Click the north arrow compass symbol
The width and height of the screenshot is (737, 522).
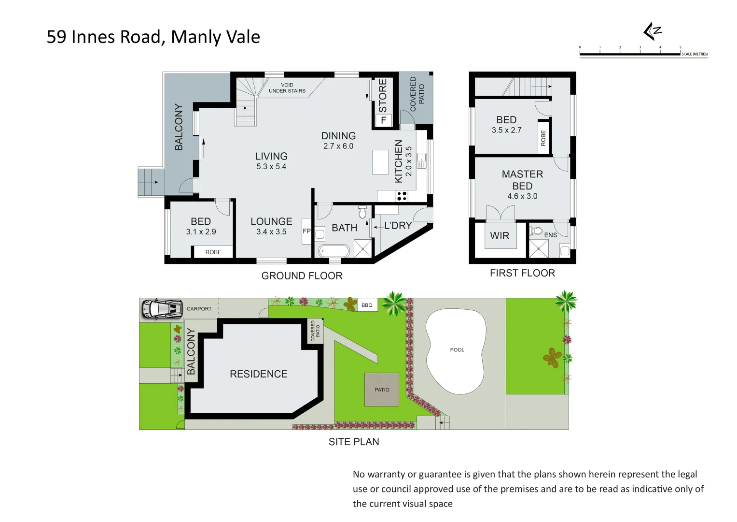652,31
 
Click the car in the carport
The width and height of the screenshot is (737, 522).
162,308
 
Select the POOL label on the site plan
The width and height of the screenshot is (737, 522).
457,350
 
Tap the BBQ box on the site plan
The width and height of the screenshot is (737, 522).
367,305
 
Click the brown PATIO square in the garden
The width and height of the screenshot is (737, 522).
382,390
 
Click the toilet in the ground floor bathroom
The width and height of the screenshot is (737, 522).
362,212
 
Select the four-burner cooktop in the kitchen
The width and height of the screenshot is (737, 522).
402,196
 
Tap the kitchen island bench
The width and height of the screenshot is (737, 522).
380,162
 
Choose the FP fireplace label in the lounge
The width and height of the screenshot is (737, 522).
306,231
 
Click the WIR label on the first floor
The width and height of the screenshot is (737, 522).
500,236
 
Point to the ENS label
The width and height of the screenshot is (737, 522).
551,235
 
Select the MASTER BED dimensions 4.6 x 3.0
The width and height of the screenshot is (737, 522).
522,196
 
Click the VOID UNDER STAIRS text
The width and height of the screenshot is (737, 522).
287,88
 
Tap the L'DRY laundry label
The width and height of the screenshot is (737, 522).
398,226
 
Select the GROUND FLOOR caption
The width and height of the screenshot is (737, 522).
302,276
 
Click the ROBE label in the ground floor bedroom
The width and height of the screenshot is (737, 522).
213,252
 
